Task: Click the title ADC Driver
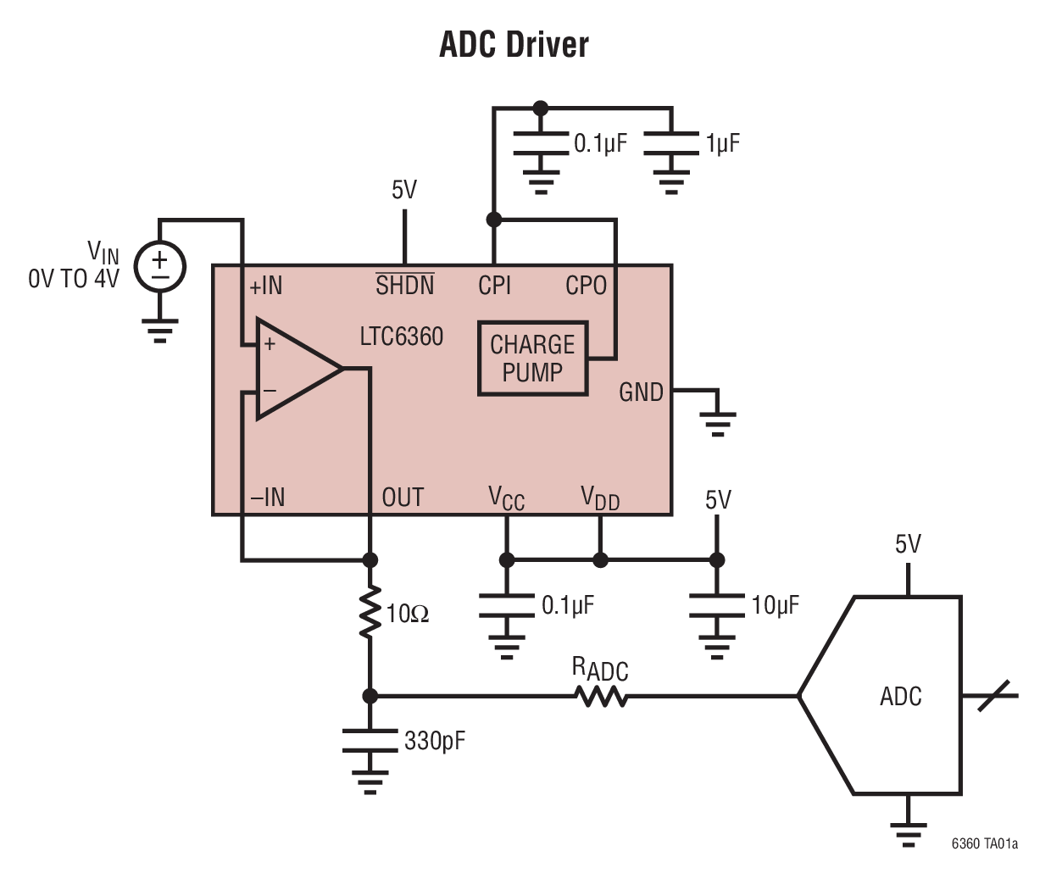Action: point(514,45)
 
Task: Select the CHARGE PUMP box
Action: point(532,359)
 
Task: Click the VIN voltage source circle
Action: point(160,266)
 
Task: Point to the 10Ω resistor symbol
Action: point(370,612)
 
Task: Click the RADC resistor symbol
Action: point(600,696)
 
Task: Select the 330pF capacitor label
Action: point(435,741)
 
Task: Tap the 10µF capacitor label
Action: point(775,605)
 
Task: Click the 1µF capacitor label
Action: point(722,143)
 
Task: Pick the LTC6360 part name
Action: point(401,337)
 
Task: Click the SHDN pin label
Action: point(404,286)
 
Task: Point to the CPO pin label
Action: point(586,286)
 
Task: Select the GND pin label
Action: point(641,392)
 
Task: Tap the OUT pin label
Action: point(403,498)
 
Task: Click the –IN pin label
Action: point(268,498)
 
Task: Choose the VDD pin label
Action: point(600,498)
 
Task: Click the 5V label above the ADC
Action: point(908,544)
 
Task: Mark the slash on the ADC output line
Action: point(993,696)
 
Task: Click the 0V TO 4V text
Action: point(74,279)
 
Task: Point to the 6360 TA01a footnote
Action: point(984,843)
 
